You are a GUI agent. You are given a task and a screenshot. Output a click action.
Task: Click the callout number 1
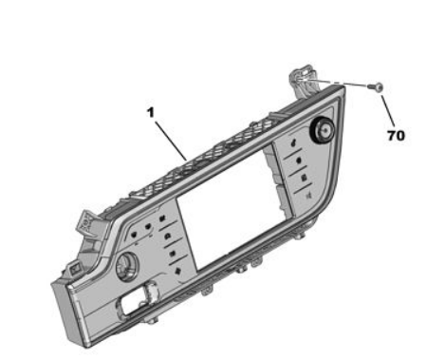pyautogui.click(x=151, y=112)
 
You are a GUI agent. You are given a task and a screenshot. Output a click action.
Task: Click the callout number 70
pyautogui.click(x=396, y=136)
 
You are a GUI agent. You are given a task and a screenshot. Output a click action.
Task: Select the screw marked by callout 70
pyautogui.click(x=376, y=86)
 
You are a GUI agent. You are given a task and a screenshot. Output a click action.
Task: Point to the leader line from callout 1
pyautogui.click(x=171, y=140)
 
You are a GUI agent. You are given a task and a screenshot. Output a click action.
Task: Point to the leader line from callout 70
pyautogui.click(x=388, y=110)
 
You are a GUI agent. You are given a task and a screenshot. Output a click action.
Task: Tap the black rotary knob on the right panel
pyautogui.click(x=322, y=130)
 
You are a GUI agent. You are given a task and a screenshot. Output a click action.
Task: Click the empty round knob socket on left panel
pyautogui.click(x=127, y=265)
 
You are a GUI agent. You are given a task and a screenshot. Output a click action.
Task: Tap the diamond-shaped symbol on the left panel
pyautogui.click(x=177, y=271)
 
